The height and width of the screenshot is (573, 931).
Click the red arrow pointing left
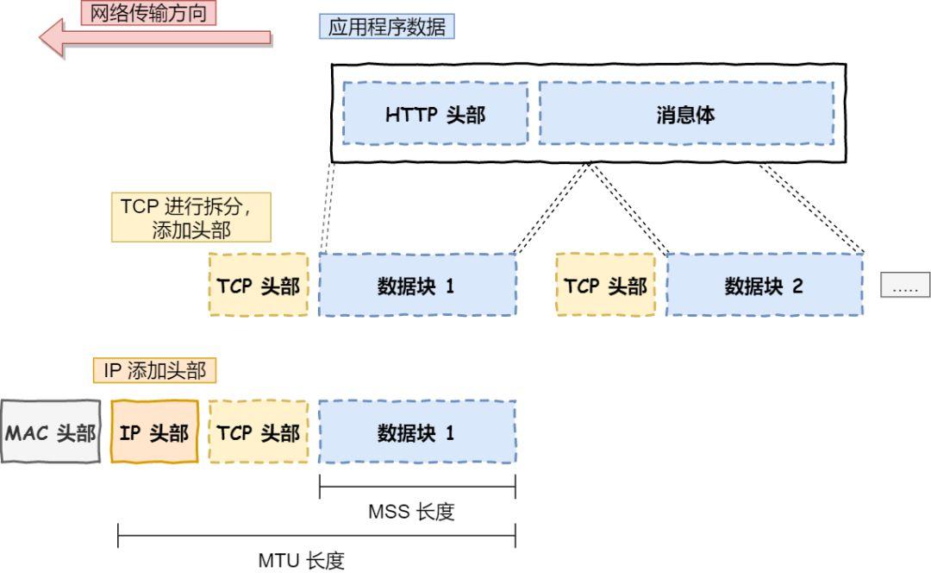pyautogui.click(x=155, y=39)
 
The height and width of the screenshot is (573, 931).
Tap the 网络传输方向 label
pyautogui.click(x=148, y=13)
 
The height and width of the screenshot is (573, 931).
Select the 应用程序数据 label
pyautogui.click(x=387, y=27)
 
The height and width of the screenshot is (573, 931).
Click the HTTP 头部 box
pyautogui.click(x=435, y=114)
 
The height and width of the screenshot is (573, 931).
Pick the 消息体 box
pyautogui.click(x=686, y=114)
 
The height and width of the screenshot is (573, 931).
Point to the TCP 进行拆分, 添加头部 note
pyautogui.click(x=191, y=217)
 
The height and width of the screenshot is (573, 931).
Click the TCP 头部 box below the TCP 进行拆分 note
pyautogui.click(x=259, y=286)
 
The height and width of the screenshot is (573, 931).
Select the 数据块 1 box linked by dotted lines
pyautogui.click(x=417, y=286)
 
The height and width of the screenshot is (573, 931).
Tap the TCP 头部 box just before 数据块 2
pyautogui.click(x=605, y=286)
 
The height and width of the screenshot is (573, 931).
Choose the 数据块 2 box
pyautogui.click(x=764, y=286)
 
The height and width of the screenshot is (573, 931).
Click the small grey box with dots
pyautogui.click(x=905, y=286)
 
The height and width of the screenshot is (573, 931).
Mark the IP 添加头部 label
pyautogui.click(x=155, y=371)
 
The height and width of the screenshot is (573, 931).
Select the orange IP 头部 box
pyautogui.click(x=155, y=431)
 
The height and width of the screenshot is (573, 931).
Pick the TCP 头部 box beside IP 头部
pyautogui.click(x=259, y=431)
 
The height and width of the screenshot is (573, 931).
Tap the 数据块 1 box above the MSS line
pyautogui.click(x=417, y=431)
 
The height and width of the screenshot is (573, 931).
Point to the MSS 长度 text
pyautogui.click(x=411, y=512)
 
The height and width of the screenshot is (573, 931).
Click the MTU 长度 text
pyautogui.click(x=302, y=560)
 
